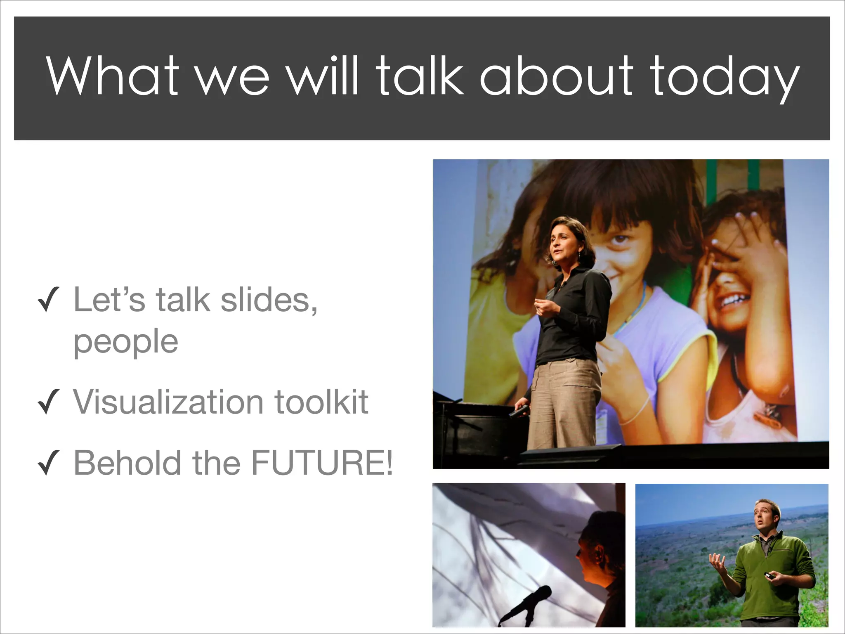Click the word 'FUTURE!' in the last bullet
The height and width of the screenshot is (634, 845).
322,463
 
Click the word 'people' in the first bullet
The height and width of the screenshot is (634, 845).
126,343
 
